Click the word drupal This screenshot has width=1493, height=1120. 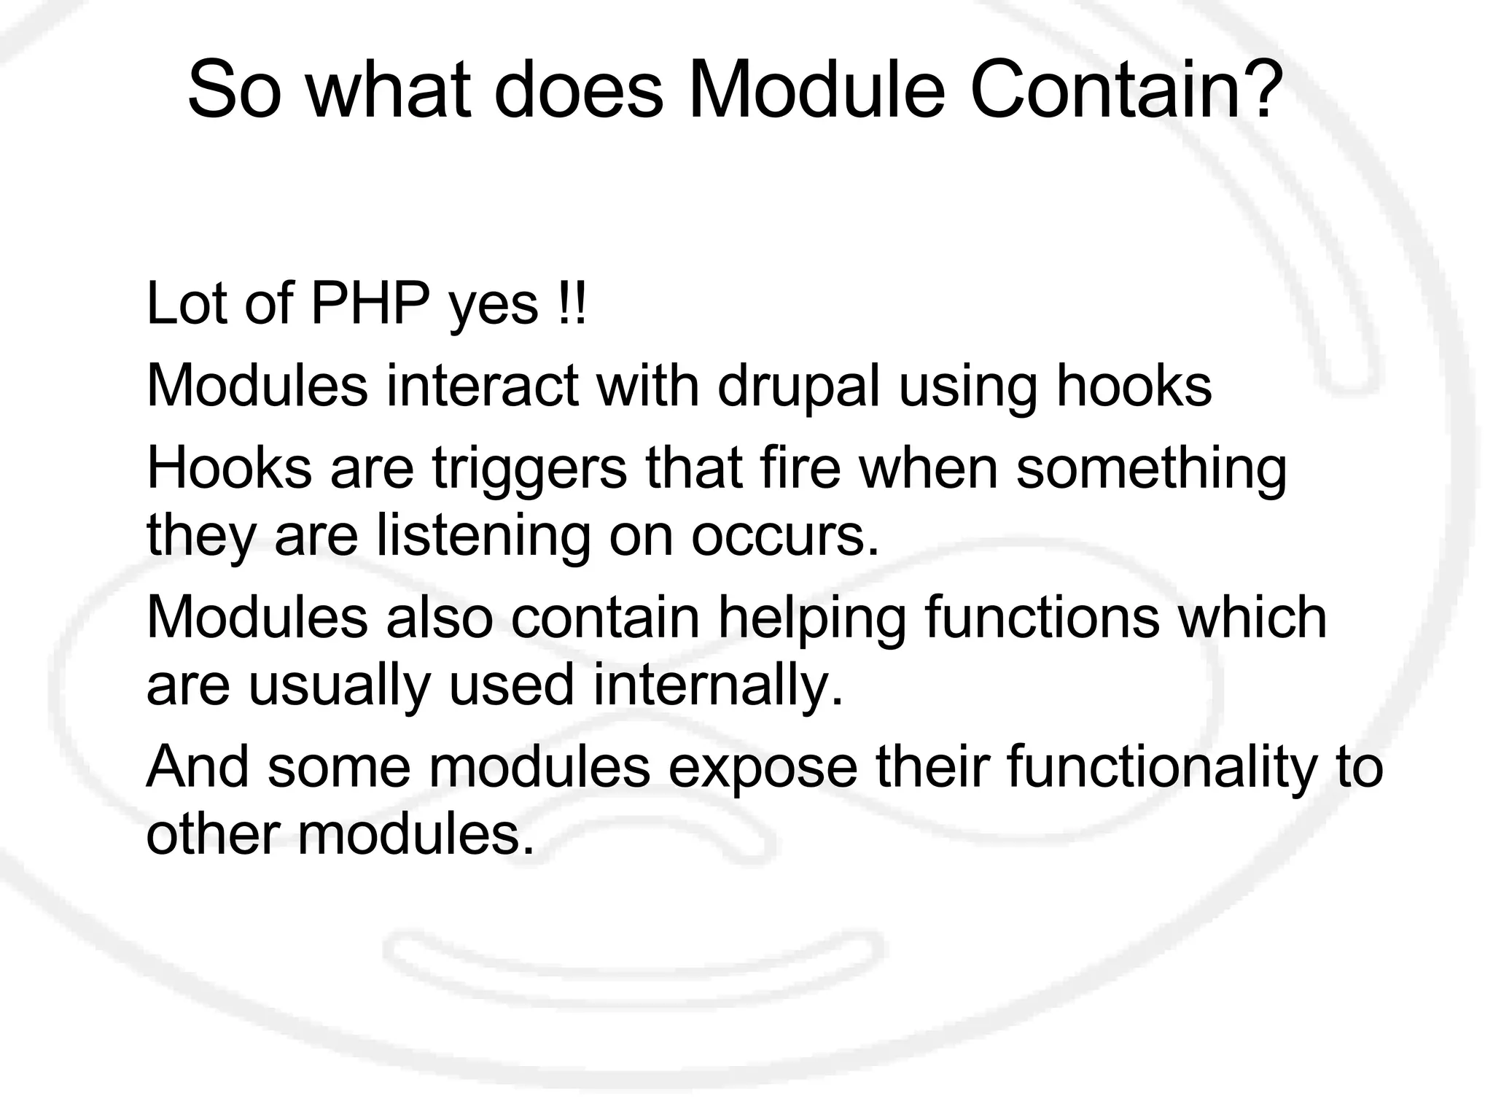coord(798,386)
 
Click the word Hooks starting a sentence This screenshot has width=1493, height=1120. coord(229,468)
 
